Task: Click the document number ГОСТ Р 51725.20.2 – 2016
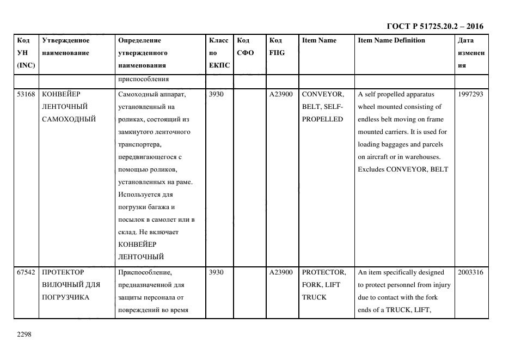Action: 434,26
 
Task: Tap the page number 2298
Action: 25,334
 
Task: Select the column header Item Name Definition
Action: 391,40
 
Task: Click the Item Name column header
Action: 319,40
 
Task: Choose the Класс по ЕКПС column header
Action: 219,53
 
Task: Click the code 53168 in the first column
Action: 26,94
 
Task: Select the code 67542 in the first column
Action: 26,272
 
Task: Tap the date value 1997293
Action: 470,94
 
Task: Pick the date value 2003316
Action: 470,272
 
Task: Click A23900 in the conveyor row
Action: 281,94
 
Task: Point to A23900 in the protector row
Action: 281,272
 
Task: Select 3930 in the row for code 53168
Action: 216,94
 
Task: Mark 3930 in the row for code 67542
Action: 216,272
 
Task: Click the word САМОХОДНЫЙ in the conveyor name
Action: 69,119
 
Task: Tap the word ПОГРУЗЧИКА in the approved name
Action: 65,297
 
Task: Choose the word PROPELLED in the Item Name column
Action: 322,119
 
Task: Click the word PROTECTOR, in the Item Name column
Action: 324,272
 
